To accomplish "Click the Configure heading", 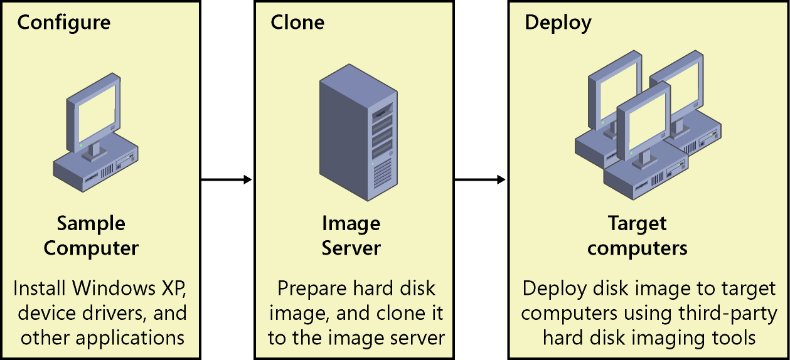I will pos(63,23).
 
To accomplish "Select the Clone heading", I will pos(297,23).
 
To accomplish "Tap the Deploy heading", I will pos(558,23).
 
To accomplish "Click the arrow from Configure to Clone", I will pos(226,180).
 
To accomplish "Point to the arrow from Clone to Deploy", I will pos(480,180).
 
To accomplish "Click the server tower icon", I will pos(357,134).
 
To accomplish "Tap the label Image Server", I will pos(351,236).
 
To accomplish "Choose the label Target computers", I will pos(637,236).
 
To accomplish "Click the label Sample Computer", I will pos(91,236).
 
